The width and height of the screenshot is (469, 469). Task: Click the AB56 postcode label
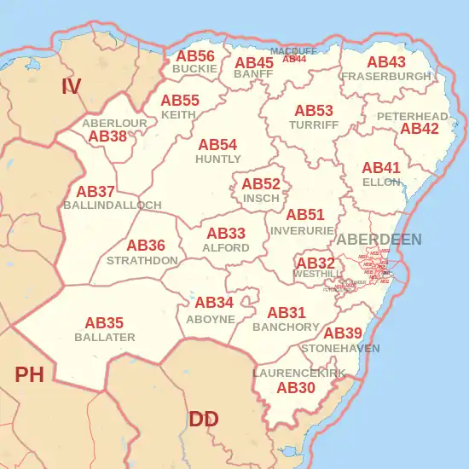coord(195,56)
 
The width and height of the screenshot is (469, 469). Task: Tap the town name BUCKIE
coord(194,68)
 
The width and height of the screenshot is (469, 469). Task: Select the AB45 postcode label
coord(254,62)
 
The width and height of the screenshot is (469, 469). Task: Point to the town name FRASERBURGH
coord(386,76)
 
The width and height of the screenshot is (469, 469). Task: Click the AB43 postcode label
coord(386,62)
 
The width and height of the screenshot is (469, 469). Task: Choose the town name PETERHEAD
coord(412,116)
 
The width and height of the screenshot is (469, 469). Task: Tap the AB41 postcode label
coord(381,168)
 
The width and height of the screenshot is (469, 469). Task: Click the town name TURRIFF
coord(314,124)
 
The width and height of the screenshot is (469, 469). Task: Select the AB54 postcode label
coord(217,145)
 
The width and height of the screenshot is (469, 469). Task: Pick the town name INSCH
coord(261,198)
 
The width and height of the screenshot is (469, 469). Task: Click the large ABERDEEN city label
coord(379,240)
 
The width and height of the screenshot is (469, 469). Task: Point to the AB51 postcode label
coord(305,215)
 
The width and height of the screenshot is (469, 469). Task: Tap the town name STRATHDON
coord(142,259)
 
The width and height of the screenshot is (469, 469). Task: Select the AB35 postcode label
coord(104,323)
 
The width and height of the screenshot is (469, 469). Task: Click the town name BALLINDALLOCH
coord(113,206)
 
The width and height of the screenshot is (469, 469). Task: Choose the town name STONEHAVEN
coord(340,349)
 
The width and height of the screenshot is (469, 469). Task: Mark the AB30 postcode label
coord(297,388)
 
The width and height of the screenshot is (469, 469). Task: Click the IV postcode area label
coord(72,85)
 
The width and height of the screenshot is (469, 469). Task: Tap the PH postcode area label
coord(29,374)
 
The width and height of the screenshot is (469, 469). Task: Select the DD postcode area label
coord(203,419)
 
